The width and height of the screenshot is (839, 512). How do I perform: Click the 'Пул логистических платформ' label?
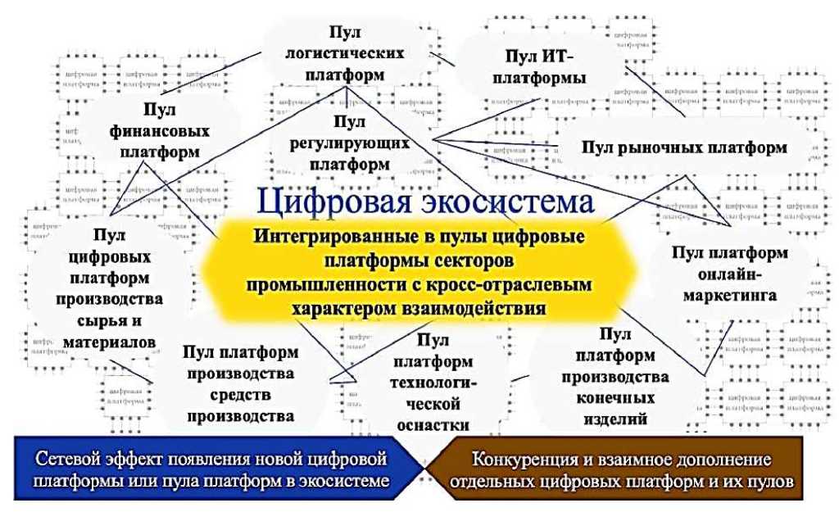(x=344, y=52)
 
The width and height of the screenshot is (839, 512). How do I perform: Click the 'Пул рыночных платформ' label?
(x=685, y=147)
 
